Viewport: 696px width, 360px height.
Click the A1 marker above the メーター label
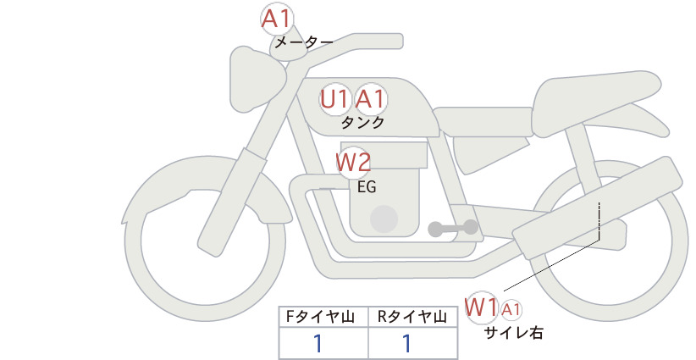276,19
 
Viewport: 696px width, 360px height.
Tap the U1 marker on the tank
334,99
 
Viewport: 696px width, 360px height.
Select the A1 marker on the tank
370,99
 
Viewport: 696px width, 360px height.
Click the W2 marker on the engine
353,163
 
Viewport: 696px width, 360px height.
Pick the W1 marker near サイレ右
481,307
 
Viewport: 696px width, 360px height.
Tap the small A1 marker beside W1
511,310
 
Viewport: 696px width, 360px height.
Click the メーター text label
304,42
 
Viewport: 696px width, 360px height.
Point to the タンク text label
362,123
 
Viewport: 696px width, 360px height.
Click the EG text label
367,187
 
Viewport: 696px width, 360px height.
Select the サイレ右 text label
514,333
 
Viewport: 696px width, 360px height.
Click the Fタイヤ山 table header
320,317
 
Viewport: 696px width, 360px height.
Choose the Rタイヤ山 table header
412,317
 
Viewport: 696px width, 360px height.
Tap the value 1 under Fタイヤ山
318,344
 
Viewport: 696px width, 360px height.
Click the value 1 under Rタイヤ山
406,344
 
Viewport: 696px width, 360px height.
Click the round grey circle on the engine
384,219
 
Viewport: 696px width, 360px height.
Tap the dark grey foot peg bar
453,228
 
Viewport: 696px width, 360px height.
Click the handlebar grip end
395,42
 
